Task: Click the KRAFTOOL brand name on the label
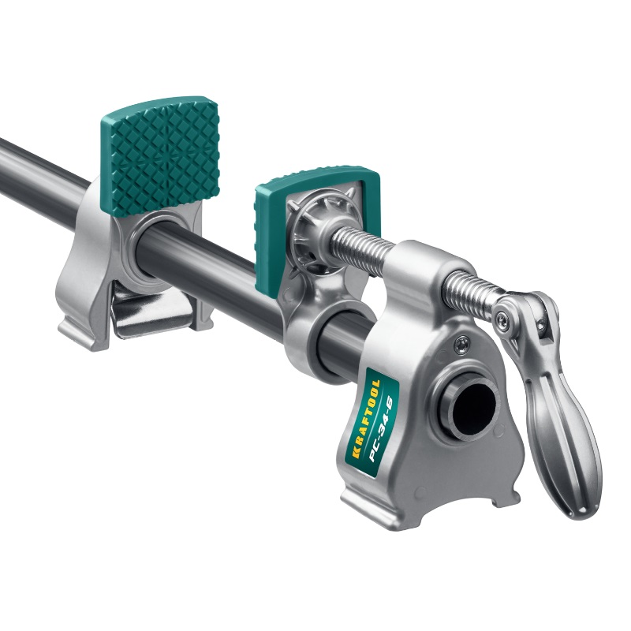tap(364, 419)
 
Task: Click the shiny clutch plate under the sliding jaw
tap(150, 307)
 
